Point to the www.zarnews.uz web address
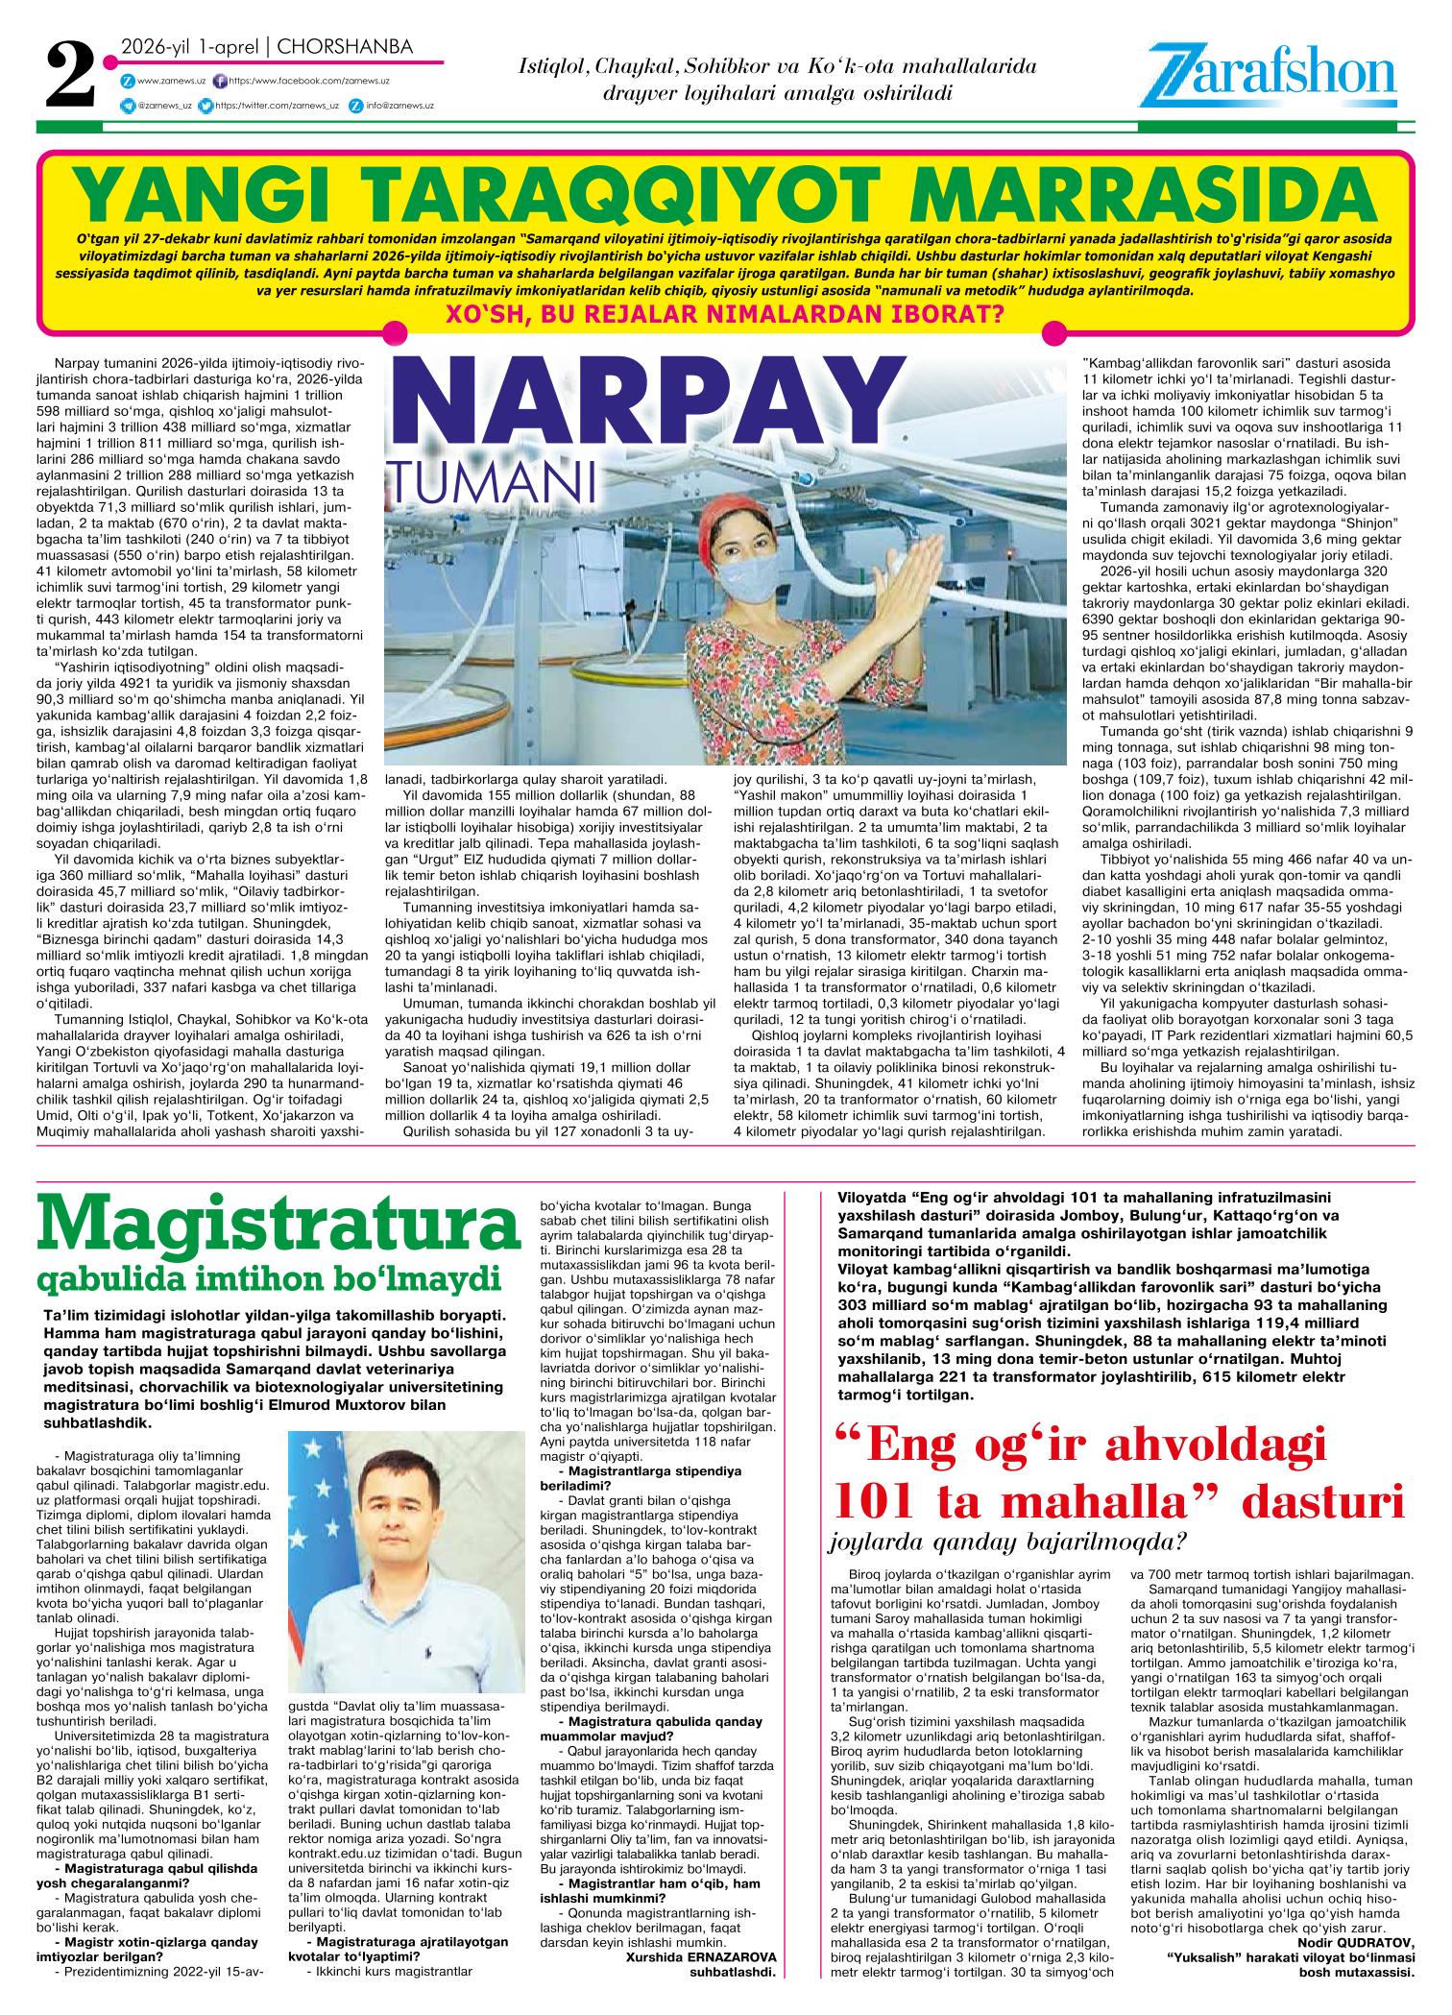click(x=167, y=82)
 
